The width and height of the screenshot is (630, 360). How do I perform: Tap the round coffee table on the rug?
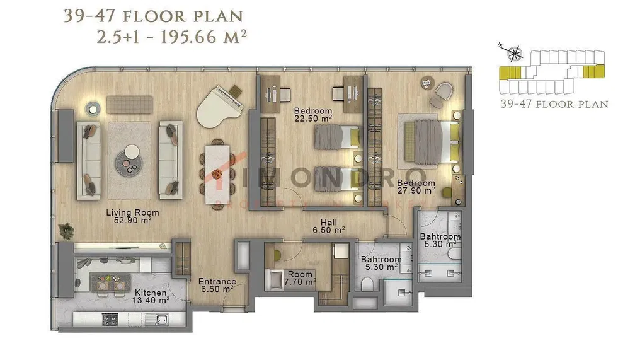(x=131, y=151)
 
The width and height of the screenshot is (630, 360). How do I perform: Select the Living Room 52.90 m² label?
(x=132, y=217)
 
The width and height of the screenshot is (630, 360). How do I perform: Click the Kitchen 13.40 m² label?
(x=151, y=297)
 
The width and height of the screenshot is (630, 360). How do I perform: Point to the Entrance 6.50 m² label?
(x=217, y=286)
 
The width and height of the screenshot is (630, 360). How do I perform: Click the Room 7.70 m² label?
(x=300, y=279)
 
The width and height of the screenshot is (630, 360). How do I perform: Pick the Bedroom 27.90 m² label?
(x=416, y=187)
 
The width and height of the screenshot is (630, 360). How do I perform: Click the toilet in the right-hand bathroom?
(x=454, y=255)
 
